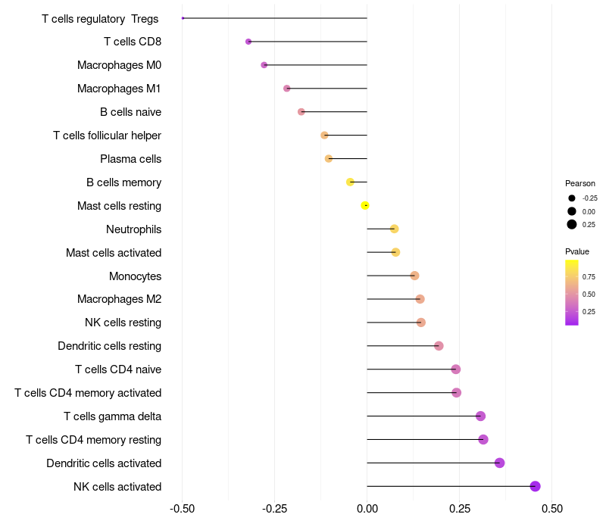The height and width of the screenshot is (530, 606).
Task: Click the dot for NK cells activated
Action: coord(535,486)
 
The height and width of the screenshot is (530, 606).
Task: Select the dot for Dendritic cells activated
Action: coord(499,463)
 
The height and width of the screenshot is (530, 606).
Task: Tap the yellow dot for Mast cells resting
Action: coord(365,205)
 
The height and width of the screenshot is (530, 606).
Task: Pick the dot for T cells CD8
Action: coord(248,41)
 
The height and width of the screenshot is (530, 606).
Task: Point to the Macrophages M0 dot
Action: coord(264,65)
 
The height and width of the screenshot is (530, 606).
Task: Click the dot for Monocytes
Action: coord(414,276)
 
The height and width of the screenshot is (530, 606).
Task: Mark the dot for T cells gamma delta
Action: coord(480,416)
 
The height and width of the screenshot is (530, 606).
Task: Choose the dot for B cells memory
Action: coord(350,182)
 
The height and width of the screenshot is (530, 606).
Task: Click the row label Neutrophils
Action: coord(133,229)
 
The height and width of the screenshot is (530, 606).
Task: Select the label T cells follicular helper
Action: coord(107,136)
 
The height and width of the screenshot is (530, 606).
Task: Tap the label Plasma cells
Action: coord(130,159)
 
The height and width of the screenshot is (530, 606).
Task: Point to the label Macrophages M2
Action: coord(119,300)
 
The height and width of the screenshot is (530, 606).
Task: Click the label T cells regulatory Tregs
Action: coord(101,18)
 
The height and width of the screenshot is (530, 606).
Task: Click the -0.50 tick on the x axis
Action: coord(182,507)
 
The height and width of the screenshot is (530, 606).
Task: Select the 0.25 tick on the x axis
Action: coord(460,507)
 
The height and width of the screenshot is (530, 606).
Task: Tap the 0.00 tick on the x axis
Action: coord(367,507)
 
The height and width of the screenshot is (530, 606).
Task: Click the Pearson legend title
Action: coord(580,183)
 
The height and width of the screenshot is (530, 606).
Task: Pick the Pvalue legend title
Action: coord(577,251)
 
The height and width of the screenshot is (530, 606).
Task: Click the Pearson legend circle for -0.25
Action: coord(572,198)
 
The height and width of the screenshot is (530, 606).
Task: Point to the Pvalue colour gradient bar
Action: coord(572,292)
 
